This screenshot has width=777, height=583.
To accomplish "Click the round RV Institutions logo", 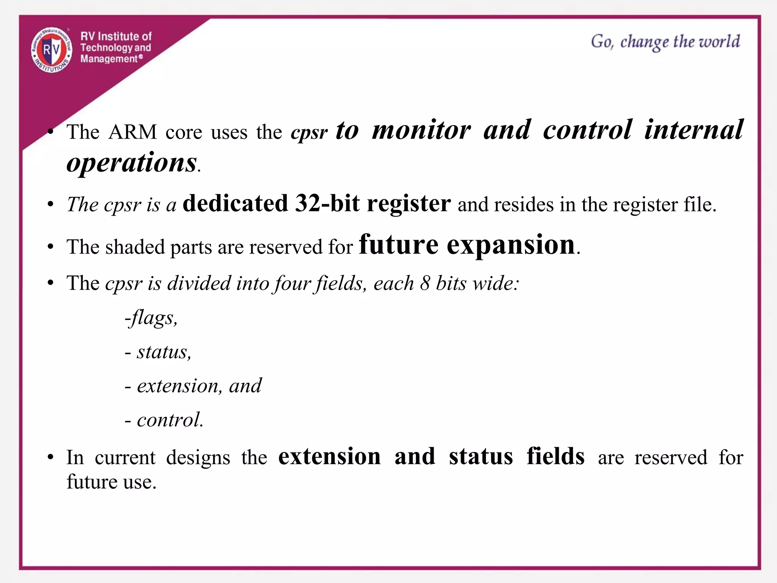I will tap(52, 50).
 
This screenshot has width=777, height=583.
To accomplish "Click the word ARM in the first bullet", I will tap(132, 132).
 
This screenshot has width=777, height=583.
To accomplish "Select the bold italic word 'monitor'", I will tap(421, 130).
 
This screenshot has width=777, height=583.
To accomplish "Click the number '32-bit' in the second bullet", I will tap(327, 203).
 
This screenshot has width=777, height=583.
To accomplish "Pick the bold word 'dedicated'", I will tap(235, 203).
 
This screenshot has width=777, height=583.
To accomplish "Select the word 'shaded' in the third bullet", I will tap(135, 247).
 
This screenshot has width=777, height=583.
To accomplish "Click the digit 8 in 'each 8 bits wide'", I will tap(425, 283).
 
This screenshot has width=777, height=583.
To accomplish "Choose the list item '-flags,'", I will tap(151, 318).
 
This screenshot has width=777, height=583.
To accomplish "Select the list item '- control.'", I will tap(164, 420).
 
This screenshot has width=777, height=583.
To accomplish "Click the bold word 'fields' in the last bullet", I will tap(555, 456).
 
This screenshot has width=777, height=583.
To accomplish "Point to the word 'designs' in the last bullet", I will tap(198, 457).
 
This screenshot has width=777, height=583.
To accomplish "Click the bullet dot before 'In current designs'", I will tap(51, 457).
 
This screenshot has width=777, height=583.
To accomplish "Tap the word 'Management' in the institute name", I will tap(109, 59).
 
